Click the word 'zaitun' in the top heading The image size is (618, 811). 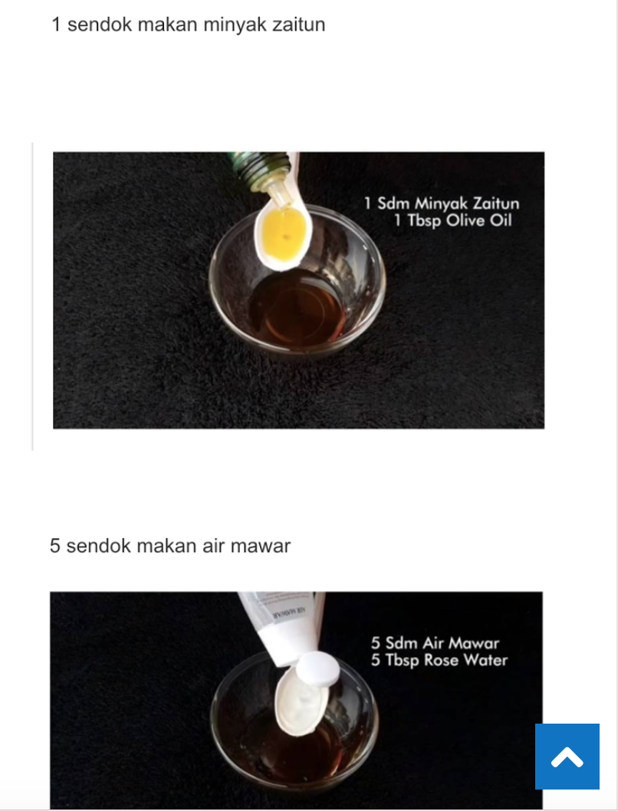(297, 25)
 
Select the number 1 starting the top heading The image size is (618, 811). (57, 25)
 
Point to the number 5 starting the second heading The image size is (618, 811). (54, 546)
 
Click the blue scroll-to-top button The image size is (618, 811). (567, 756)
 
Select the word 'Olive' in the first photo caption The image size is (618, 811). (465, 221)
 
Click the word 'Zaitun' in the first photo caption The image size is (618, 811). (496, 203)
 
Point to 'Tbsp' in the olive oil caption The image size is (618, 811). (424, 222)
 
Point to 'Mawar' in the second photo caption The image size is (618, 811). (474, 643)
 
